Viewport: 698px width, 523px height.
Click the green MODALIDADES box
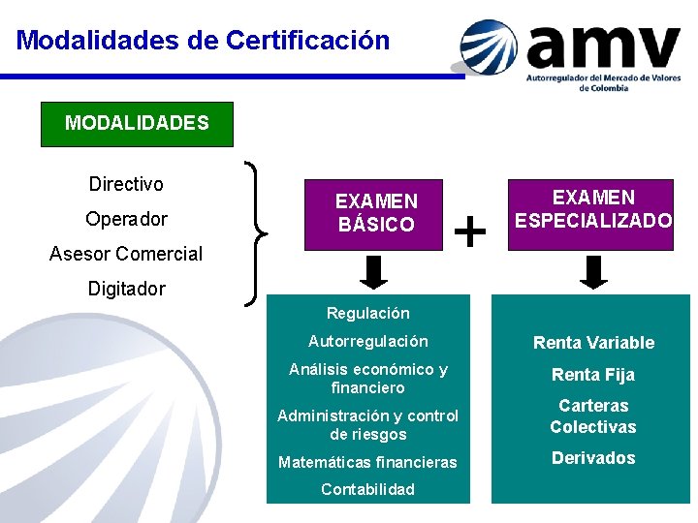[137, 124]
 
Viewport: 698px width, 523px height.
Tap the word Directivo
[126, 184]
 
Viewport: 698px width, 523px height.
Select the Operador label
[126, 219]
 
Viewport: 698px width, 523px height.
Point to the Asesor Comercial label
[126, 254]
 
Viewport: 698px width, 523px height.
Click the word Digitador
[126, 289]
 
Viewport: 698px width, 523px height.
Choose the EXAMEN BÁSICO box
[374, 214]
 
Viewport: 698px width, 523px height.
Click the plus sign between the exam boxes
[470, 231]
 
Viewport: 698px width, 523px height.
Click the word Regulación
[368, 313]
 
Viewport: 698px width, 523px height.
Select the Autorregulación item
[368, 341]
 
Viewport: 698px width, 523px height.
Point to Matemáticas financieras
[367, 462]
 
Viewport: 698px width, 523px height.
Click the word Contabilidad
[367, 489]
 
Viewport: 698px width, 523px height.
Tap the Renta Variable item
[593, 343]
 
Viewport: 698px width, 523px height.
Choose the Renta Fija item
[593, 375]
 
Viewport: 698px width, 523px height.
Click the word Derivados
[593, 458]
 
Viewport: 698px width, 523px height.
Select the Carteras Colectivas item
[593, 416]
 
